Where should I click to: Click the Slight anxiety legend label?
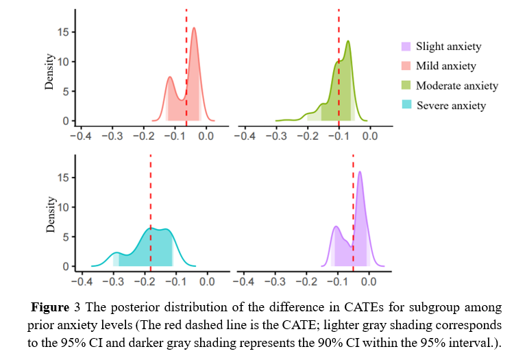[x=448, y=47]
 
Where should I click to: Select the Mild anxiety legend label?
[x=445, y=66]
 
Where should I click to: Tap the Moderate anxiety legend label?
[x=456, y=86]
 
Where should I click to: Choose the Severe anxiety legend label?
[x=451, y=106]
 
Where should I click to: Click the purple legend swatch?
[x=406, y=47]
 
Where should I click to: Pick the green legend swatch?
[x=406, y=86]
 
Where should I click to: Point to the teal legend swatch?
[x=406, y=105]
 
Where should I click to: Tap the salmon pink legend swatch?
[x=406, y=66]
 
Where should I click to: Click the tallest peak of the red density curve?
[x=194, y=28]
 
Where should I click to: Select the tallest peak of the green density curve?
[x=348, y=41]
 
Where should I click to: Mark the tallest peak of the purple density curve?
[x=360, y=172]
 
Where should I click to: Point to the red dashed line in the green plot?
[x=339, y=69]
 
